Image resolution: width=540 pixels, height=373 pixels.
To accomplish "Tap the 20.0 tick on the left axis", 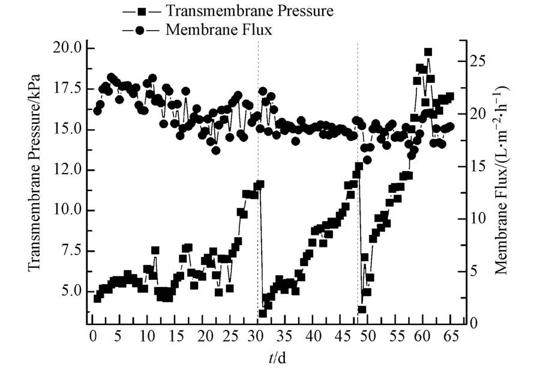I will pos(67,48).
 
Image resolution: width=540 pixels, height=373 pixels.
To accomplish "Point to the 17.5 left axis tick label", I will pos(67,88).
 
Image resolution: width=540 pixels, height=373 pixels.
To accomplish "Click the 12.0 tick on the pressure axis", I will pos(67,170).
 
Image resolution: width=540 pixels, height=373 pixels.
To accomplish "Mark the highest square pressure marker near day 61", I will pos(428,52).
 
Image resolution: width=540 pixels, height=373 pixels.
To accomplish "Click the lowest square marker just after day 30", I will pos(262,313).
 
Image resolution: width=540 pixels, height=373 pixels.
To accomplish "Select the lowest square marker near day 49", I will pos(362,309).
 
